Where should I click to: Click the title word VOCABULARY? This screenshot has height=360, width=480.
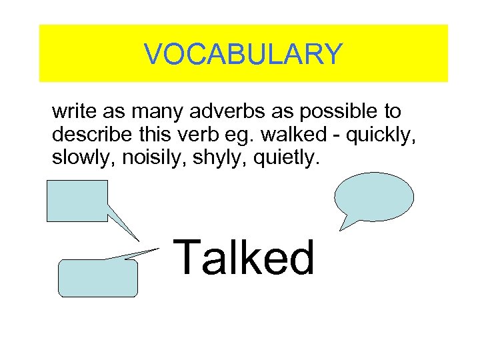pos(243,54)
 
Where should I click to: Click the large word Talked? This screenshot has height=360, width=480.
pos(245,257)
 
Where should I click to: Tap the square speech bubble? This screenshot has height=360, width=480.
pos(77,200)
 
